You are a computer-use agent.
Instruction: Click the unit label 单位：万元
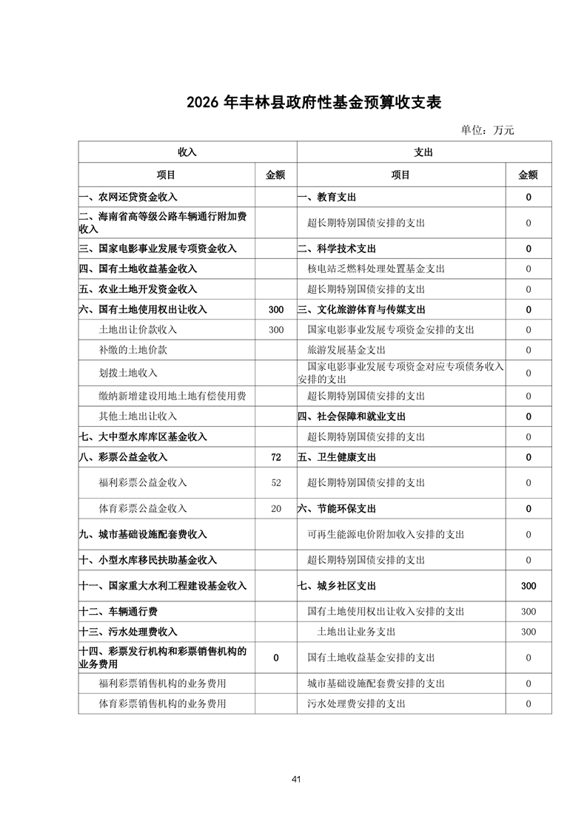pos(487,130)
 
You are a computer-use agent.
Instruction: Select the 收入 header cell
pos(187,152)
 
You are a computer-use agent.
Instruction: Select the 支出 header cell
pos(423,152)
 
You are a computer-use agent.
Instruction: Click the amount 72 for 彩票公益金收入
pos(275,457)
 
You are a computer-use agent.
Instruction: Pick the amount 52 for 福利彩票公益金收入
pos(275,482)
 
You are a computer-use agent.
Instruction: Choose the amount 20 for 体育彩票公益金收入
pos(275,508)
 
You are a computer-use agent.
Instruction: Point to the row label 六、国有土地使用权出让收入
pos(143,309)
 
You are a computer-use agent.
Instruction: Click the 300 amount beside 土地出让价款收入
pos(275,329)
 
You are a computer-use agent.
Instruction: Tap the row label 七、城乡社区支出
pos(337,586)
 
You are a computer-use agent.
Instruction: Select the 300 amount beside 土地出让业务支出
pos(528,632)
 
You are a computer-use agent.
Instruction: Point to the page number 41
pos(296,779)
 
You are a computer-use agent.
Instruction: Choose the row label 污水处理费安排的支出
pos(356,704)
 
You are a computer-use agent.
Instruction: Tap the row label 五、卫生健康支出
pos(337,457)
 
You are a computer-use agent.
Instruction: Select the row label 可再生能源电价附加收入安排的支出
pos(386,534)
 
